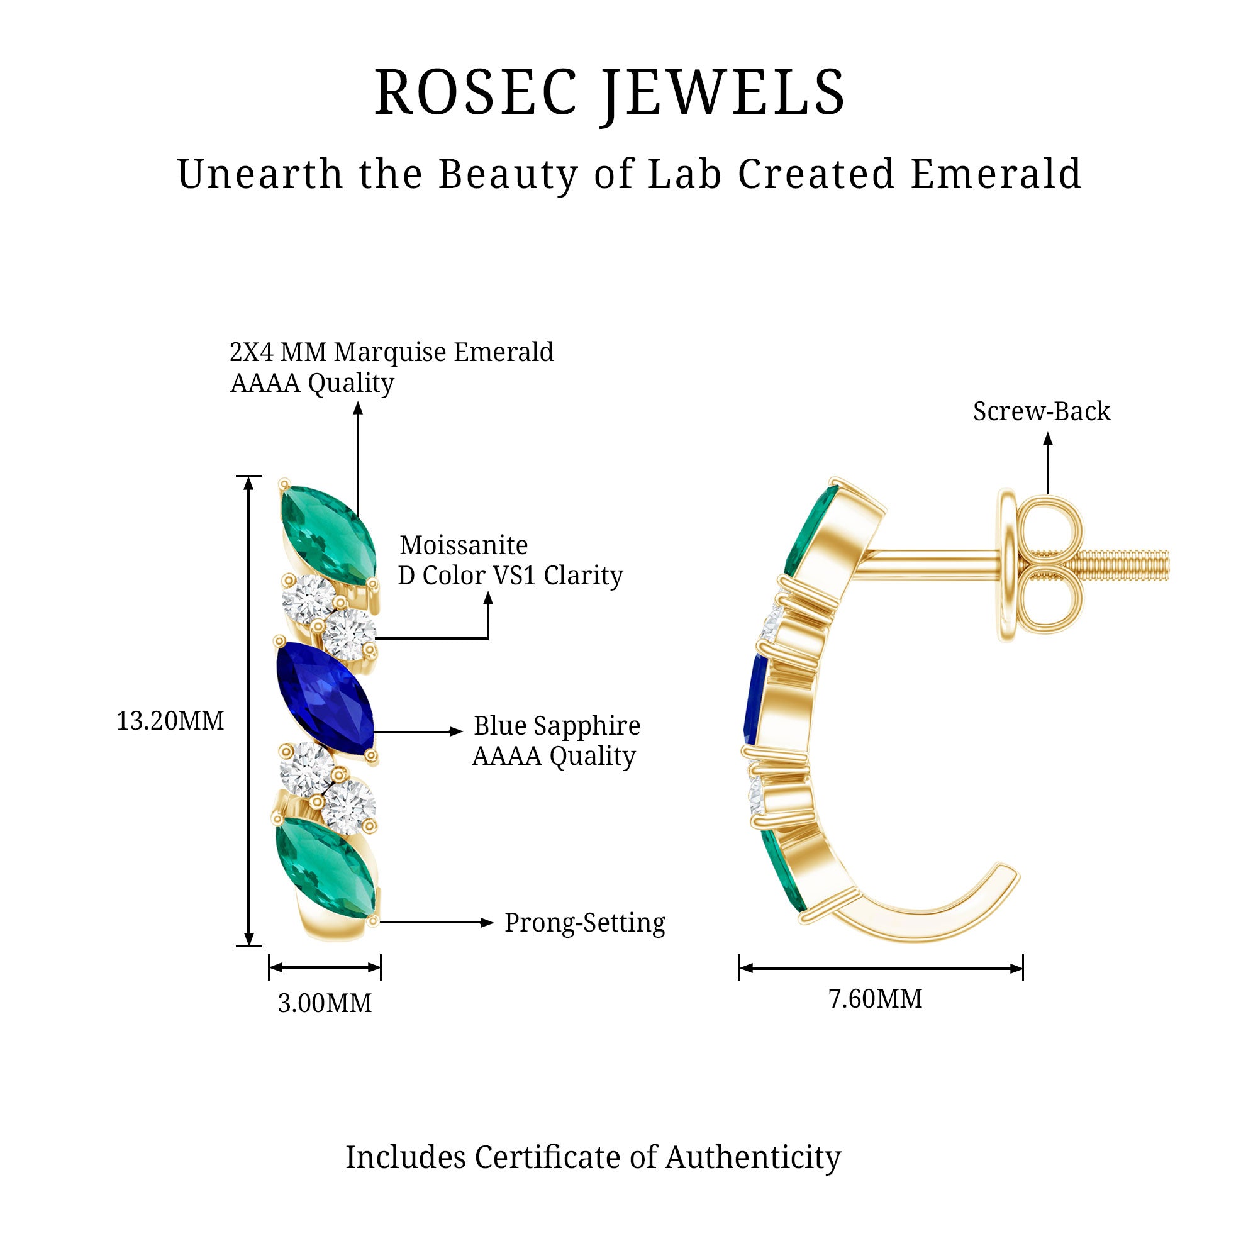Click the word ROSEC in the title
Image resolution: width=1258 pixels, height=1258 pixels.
pyautogui.click(x=476, y=92)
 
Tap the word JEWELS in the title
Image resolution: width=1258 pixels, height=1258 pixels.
pyautogui.click(x=723, y=92)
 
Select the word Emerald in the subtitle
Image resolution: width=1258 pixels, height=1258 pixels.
pyautogui.click(x=996, y=174)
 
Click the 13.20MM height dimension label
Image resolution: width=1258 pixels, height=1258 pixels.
pyautogui.click(x=170, y=721)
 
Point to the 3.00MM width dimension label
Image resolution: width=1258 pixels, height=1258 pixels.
pyautogui.click(x=325, y=1003)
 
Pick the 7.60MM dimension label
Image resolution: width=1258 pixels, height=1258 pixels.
pyautogui.click(x=875, y=999)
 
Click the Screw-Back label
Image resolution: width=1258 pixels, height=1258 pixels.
pyautogui.click(x=1041, y=411)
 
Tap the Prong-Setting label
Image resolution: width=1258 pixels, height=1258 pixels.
pyautogui.click(x=585, y=923)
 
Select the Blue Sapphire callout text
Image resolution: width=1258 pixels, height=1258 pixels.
pyautogui.click(x=557, y=726)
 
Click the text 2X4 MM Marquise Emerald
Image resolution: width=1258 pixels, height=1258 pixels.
pyautogui.click(x=391, y=352)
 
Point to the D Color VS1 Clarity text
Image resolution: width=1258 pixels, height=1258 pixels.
pyautogui.click(x=511, y=576)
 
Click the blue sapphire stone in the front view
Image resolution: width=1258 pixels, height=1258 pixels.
pyautogui.click(x=325, y=699)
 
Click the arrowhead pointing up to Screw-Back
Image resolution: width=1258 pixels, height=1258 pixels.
pyautogui.click(x=1048, y=440)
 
